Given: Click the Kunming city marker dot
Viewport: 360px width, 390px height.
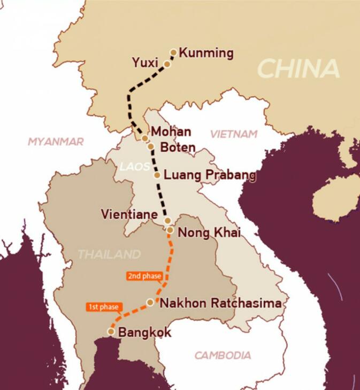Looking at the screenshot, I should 173,52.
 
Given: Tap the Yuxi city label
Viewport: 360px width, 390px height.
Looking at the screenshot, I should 144,63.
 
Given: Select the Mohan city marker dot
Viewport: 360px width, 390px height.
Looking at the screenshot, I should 145,138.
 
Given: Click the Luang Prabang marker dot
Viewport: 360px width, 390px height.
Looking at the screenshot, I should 157,175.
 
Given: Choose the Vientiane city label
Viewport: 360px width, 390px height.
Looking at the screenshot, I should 129,214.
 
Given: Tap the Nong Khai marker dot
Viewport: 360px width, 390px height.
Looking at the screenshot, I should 170,230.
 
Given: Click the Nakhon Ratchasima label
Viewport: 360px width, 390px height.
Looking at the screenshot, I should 220,303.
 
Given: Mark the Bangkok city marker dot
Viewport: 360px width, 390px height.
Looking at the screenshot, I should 111,331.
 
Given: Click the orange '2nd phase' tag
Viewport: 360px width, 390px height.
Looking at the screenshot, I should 144,276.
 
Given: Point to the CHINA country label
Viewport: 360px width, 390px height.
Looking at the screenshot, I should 298,68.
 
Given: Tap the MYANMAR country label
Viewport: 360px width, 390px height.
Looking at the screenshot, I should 56,142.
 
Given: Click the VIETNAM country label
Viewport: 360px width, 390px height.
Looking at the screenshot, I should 234,134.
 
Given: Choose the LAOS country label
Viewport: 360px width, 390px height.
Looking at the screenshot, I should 134,167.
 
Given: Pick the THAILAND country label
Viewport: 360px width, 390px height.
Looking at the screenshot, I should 109,254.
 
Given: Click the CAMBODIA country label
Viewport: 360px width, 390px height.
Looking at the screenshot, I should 223,355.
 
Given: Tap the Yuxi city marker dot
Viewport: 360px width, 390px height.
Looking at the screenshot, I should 167,64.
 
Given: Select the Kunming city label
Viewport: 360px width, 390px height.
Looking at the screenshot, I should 206,53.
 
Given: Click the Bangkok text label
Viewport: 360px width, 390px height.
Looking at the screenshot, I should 144,332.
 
